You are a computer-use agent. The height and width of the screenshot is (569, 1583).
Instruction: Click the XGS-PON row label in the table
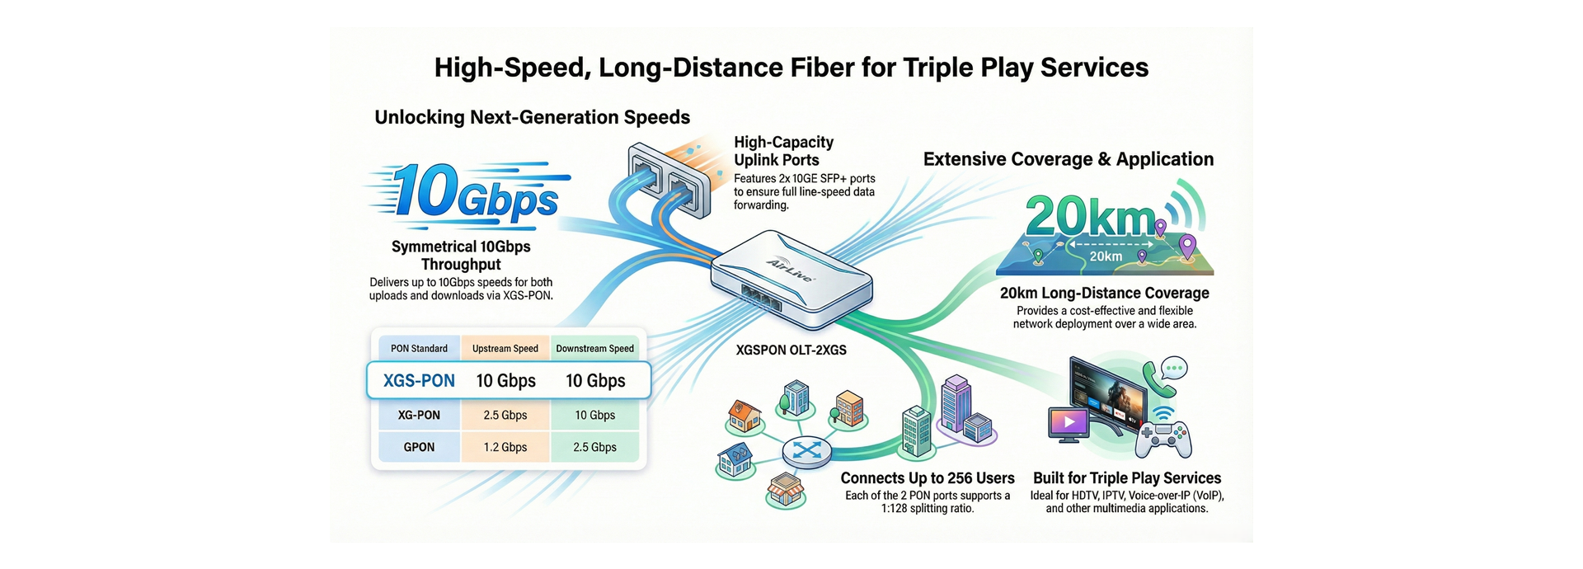tap(419, 381)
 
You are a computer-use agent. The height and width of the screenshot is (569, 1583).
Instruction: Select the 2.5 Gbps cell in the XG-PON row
tap(505, 415)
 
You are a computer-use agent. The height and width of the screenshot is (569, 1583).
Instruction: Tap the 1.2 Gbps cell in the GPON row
tap(505, 447)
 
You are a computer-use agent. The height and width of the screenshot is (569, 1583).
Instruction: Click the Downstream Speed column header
tap(594, 348)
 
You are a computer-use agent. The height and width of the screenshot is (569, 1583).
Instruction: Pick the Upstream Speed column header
tap(505, 348)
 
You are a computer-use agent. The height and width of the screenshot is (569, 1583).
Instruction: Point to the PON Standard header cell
tap(419, 348)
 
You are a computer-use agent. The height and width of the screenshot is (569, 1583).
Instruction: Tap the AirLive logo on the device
tap(790, 270)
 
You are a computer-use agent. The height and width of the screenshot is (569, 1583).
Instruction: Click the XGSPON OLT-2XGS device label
tap(791, 350)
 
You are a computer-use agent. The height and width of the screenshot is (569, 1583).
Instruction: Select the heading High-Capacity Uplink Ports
tap(783, 151)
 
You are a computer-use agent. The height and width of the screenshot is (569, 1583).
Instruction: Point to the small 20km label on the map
tap(1106, 256)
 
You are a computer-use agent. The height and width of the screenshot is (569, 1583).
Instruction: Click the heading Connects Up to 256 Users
tap(928, 478)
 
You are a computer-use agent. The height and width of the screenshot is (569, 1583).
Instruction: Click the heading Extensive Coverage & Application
tap(1068, 159)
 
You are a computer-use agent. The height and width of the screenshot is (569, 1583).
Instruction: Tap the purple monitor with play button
tap(1069, 423)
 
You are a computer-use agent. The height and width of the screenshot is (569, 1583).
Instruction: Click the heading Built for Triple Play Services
tap(1126, 478)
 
